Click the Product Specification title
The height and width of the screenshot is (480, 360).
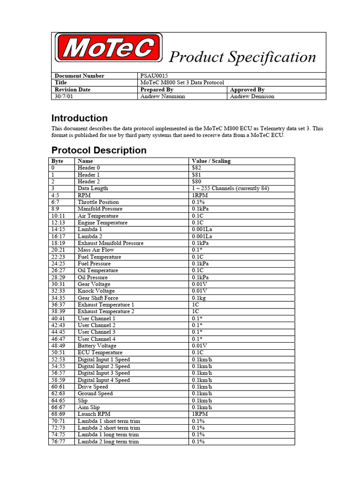coord(242,57)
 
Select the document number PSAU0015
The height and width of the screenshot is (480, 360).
coord(154,76)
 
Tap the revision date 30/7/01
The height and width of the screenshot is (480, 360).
coord(66,97)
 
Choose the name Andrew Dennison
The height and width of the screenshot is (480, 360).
coord(252,97)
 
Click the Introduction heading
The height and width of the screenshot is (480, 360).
coord(79,118)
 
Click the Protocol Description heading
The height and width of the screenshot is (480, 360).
coord(98,150)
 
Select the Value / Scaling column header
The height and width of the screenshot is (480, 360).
coord(211,161)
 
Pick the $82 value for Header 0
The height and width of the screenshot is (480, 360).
coord(196,168)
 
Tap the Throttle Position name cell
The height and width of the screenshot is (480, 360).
coord(98,202)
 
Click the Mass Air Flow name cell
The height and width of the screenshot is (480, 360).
coord(96,250)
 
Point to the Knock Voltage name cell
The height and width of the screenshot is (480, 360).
coord(96,291)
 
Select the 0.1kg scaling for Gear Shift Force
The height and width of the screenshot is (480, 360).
coord(201,298)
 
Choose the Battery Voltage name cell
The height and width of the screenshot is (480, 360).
coord(97,346)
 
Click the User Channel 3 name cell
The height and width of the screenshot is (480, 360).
coord(97,332)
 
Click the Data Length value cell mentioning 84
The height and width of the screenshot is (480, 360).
coord(230,188)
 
